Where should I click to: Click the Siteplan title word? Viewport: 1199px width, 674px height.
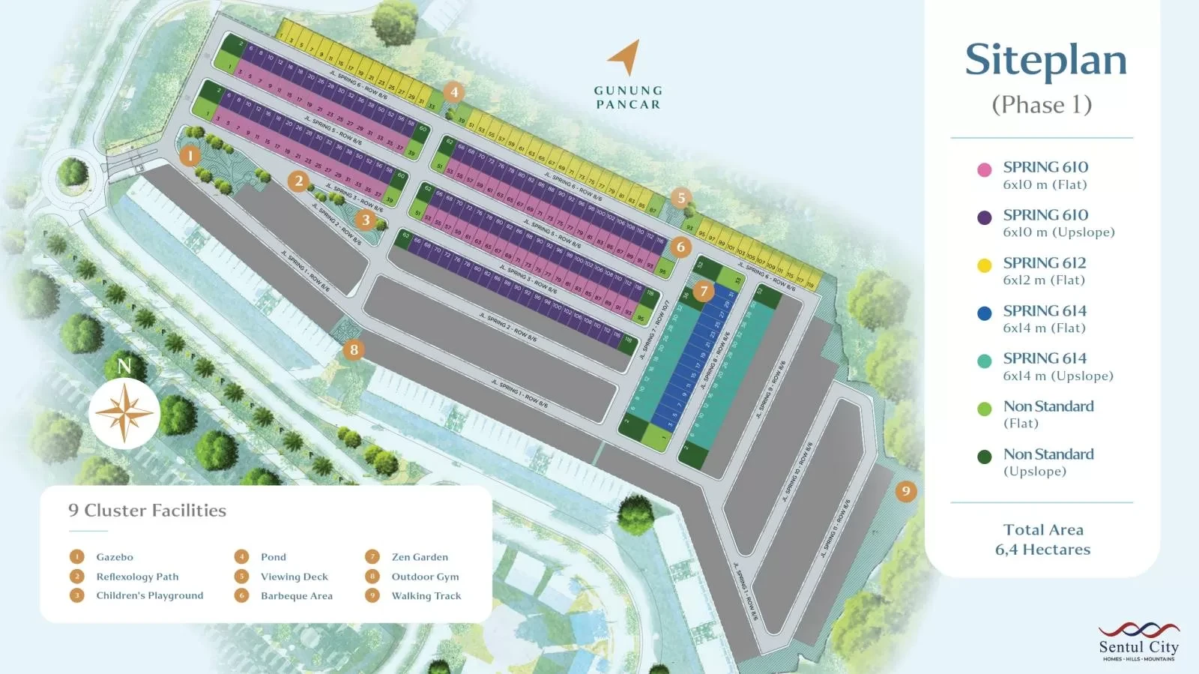click(1045, 60)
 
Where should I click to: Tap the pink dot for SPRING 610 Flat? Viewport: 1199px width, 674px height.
click(985, 169)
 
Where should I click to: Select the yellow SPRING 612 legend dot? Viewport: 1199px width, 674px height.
click(985, 265)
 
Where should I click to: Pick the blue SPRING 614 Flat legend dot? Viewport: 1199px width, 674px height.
click(985, 313)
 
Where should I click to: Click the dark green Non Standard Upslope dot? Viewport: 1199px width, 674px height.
click(985, 457)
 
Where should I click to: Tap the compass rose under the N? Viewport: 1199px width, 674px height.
click(124, 413)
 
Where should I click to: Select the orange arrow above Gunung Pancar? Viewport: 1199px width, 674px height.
click(625, 58)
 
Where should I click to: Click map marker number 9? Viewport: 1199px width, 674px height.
click(906, 491)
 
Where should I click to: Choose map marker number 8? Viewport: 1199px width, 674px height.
click(354, 349)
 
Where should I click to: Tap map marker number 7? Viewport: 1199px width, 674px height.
click(703, 291)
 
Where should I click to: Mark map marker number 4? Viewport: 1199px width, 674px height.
click(453, 92)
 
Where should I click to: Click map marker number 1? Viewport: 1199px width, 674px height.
click(190, 156)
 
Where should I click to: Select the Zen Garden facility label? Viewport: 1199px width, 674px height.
click(420, 557)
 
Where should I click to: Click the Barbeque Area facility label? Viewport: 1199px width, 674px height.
click(296, 596)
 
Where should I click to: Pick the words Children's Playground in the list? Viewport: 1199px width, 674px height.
click(149, 595)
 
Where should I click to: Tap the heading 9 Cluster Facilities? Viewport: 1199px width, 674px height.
click(147, 511)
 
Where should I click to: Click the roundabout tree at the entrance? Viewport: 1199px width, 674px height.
click(73, 172)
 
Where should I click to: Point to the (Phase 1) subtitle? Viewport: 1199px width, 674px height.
click(1042, 104)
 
